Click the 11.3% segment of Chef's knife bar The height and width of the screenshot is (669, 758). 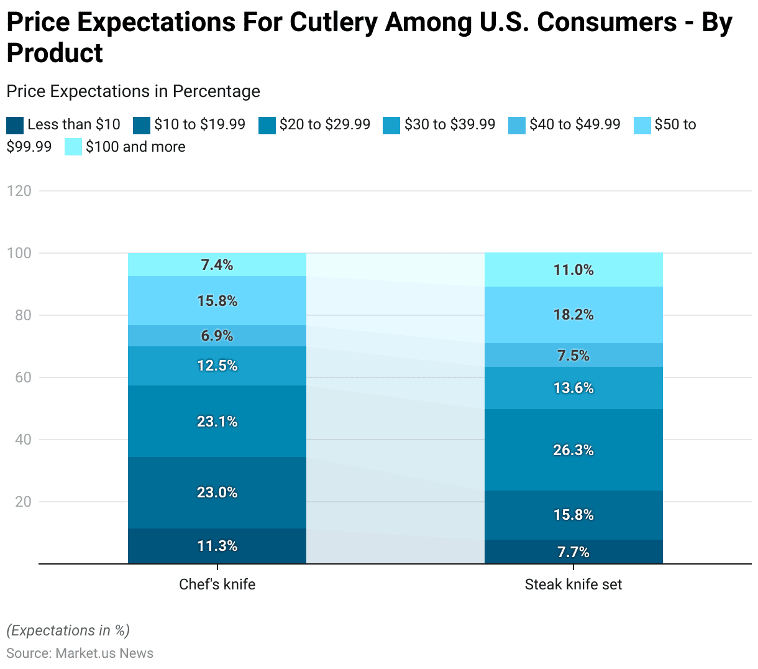(x=217, y=546)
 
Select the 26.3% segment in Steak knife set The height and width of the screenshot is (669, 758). (x=573, y=450)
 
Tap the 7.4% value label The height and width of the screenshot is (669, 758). (x=217, y=265)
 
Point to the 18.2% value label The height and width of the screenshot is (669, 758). (x=573, y=315)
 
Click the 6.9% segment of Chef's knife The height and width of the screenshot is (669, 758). (x=217, y=336)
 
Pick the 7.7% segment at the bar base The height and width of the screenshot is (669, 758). (x=573, y=552)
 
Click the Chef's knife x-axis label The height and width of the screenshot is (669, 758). (x=217, y=584)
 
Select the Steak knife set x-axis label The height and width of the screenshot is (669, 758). (x=573, y=584)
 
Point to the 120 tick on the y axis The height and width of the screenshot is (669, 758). (x=19, y=191)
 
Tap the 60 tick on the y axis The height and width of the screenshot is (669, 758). (x=23, y=377)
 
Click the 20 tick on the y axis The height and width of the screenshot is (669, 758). (x=23, y=502)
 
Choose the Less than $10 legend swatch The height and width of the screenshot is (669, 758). (x=15, y=125)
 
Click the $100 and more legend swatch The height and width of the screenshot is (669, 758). (x=73, y=147)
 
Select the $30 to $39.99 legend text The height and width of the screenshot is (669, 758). (x=450, y=124)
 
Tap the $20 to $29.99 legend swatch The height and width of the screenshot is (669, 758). (x=267, y=125)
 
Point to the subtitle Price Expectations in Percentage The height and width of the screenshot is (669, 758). (x=133, y=91)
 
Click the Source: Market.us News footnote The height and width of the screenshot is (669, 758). (x=80, y=653)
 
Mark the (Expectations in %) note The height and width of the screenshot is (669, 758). (x=68, y=630)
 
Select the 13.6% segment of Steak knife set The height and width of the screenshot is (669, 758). (x=573, y=388)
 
